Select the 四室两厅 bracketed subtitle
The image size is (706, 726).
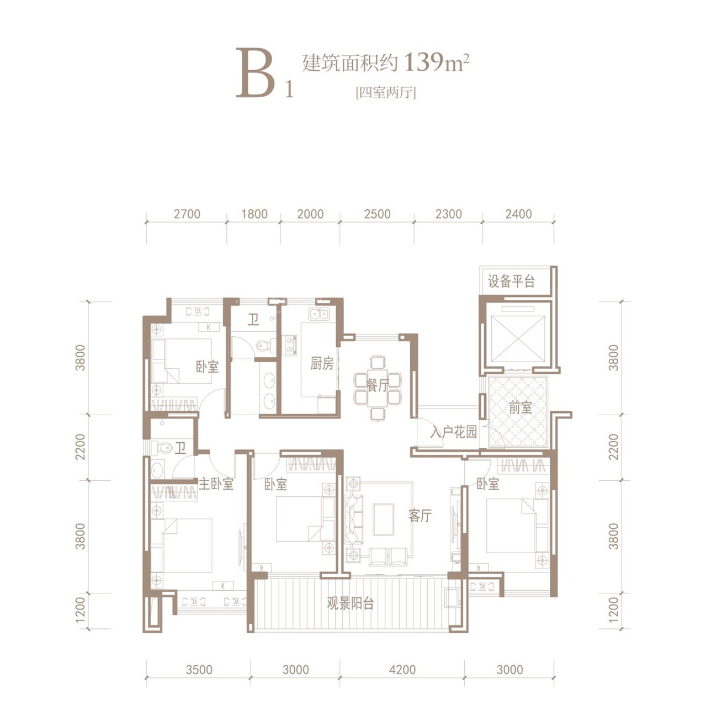click(x=386, y=92)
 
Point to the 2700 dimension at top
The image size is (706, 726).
click(x=187, y=214)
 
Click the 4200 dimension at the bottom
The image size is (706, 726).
click(x=402, y=670)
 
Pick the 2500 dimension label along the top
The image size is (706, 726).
click(x=378, y=214)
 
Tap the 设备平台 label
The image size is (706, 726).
click(x=511, y=282)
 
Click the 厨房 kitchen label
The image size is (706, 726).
click(x=322, y=363)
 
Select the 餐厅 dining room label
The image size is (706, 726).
click(x=378, y=385)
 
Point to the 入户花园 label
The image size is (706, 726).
click(x=454, y=432)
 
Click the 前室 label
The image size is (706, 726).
click(x=520, y=408)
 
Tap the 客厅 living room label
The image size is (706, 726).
click(x=420, y=516)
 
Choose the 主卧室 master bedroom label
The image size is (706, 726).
click(x=216, y=484)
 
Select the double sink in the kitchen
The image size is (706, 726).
click(x=319, y=314)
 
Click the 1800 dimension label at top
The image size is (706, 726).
click(x=254, y=214)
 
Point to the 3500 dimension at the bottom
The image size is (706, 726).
click(x=199, y=670)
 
